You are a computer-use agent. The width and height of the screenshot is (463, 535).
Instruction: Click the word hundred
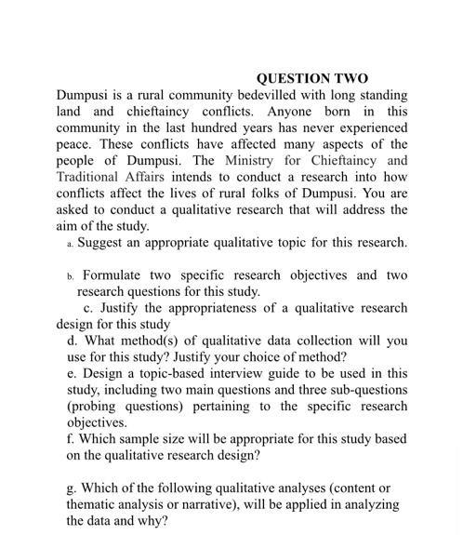click(219, 127)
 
